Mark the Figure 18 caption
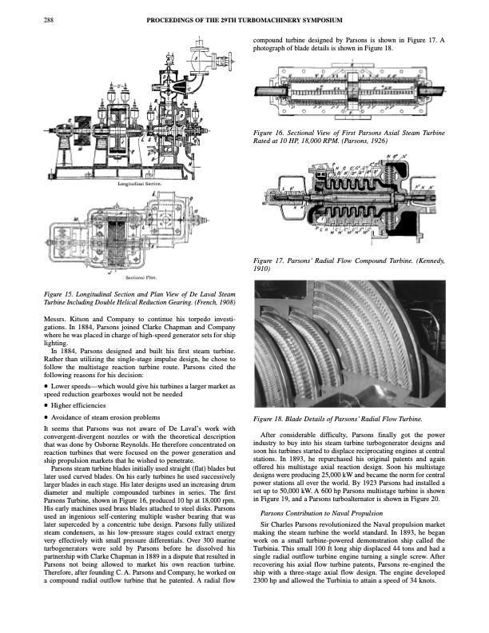pyautogui.click(x=336, y=420)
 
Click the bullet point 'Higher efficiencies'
pyautogui.click(x=88, y=404)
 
